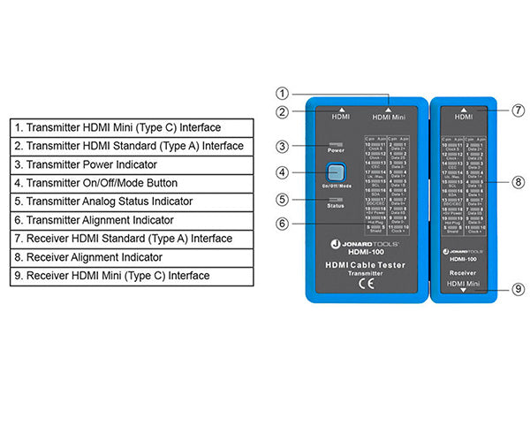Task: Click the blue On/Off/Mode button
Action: (x=334, y=172)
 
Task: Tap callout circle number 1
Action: (x=282, y=94)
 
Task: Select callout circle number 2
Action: (x=282, y=112)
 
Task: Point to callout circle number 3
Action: (x=282, y=146)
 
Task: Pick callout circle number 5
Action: (x=282, y=199)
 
